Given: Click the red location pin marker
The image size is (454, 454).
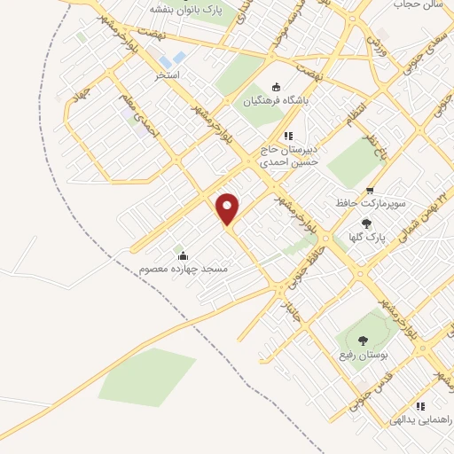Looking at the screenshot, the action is (229, 209).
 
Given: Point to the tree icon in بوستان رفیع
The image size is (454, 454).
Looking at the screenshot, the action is (362, 340).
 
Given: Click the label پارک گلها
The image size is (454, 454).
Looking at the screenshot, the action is (367, 238).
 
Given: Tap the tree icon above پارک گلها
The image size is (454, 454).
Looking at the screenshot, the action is (367, 223).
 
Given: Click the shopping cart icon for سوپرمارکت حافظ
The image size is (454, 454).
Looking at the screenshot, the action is (370, 190).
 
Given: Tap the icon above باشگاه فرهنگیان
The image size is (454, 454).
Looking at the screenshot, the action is (277, 87).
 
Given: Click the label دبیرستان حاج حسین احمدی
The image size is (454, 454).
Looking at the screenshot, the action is (286, 156).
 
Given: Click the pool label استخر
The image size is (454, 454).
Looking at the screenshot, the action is (168, 75).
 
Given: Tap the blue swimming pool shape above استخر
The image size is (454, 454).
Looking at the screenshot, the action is (178, 59).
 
